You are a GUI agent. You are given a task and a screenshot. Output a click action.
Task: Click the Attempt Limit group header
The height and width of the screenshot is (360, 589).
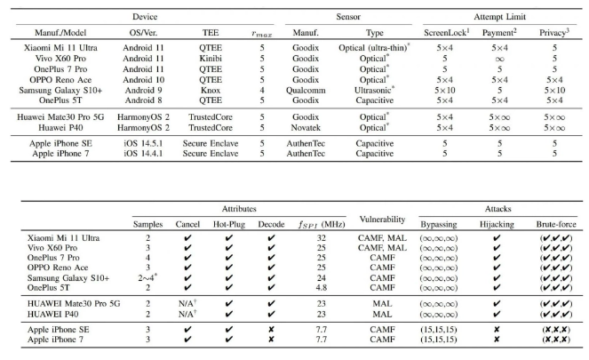500,16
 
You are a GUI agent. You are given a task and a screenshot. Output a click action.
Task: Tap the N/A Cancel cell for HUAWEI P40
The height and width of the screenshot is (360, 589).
187,314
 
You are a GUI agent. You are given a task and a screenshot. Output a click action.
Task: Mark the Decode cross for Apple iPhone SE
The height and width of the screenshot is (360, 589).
270,330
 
